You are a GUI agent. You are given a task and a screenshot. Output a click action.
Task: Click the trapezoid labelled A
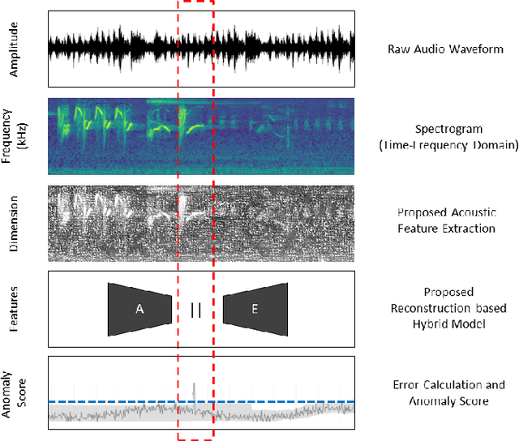[x=139, y=309]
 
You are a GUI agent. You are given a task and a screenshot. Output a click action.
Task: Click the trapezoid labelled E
[x=255, y=309]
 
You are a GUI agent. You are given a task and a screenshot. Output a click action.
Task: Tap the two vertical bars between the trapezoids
[x=195, y=309]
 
